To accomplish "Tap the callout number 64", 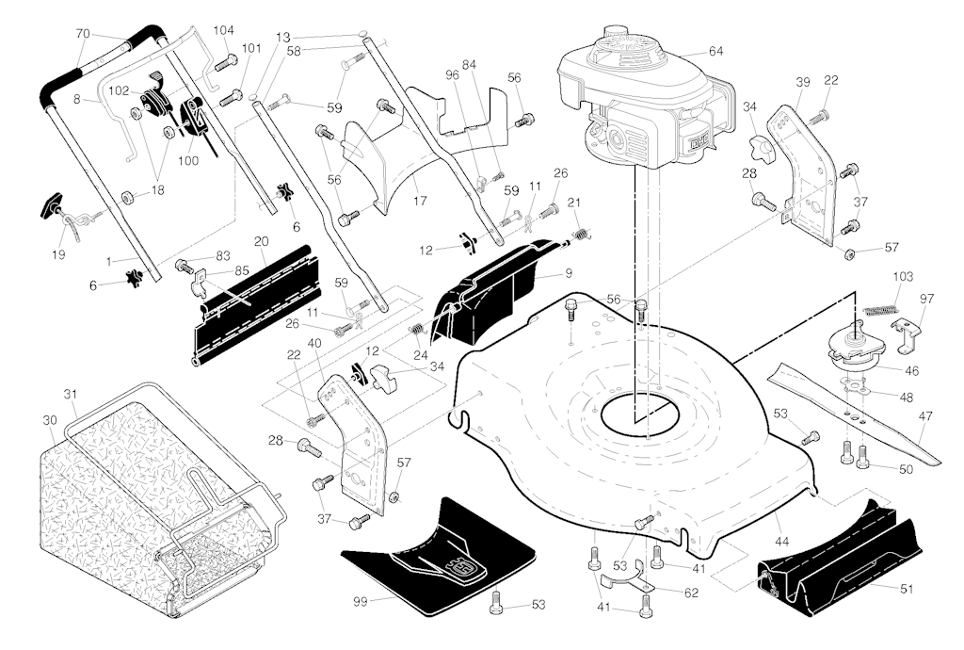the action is coord(715,51).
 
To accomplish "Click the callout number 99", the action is coord(361,601).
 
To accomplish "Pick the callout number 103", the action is coord(903,277).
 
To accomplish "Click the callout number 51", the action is coord(907,589).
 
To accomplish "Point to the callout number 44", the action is coord(781,541).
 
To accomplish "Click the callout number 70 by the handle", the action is coord(83,34).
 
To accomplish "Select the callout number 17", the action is coord(420,201).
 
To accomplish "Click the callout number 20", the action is coord(262,242).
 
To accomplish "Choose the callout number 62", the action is coord(691,593).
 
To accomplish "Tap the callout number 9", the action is coord(569,272).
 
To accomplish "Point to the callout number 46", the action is coord(911,371).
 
